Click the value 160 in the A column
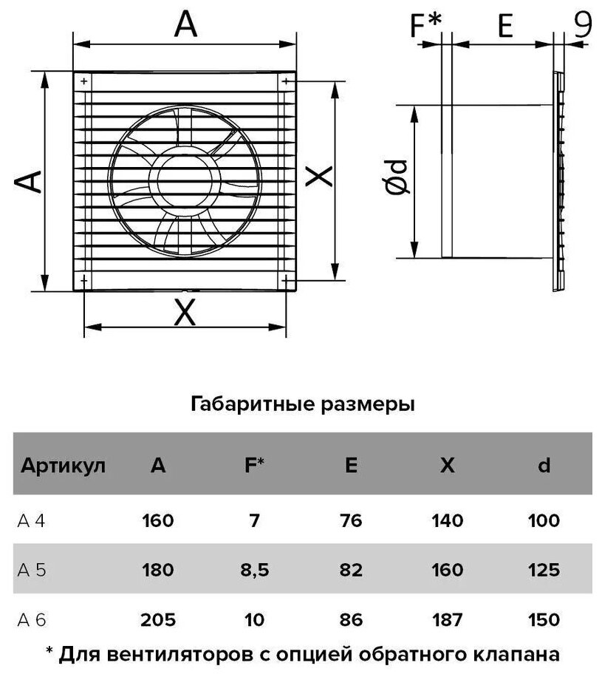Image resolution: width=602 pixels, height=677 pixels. pyautogui.click(x=157, y=522)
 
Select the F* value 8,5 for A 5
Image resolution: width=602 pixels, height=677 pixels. pyautogui.click(x=254, y=571)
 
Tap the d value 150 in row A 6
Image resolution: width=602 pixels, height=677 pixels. pyautogui.click(x=544, y=619)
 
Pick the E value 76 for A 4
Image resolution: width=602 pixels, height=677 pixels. pyautogui.click(x=352, y=522)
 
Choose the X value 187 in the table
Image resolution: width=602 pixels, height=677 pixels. pyautogui.click(x=447, y=619)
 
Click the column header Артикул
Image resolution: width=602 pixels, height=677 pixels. pyautogui.click(x=63, y=466)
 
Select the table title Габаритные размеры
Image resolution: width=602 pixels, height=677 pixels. pyautogui.click(x=303, y=404)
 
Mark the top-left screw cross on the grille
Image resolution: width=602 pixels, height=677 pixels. pyautogui.click(x=84, y=81)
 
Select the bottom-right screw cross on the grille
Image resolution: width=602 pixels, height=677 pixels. pyautogui.click(x=285, y=282)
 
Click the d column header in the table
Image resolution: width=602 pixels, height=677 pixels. pyautogui.click(x=544, y=466)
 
